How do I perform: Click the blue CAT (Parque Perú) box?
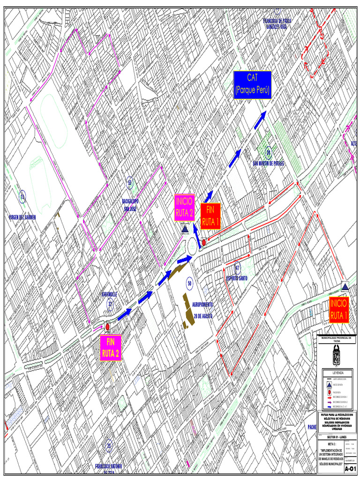(253, 85)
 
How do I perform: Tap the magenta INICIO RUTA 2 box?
(184, 208)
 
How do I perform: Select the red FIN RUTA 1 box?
(210, 217)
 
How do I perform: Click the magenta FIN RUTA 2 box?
(111, 347)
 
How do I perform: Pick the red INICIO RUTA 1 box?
(339, 310)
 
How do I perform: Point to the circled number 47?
(237, 268)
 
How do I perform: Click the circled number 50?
(189, 283)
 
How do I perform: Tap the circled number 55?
(130, 182)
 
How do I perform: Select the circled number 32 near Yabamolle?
(111, 304)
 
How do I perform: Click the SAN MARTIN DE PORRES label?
(268, 164)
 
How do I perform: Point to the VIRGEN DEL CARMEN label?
(22, 217)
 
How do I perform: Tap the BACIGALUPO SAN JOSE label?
(130, 204)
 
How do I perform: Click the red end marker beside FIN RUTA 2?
(107, 327)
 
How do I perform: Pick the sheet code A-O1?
(350, 469)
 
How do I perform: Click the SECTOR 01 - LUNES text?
(337, 436)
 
